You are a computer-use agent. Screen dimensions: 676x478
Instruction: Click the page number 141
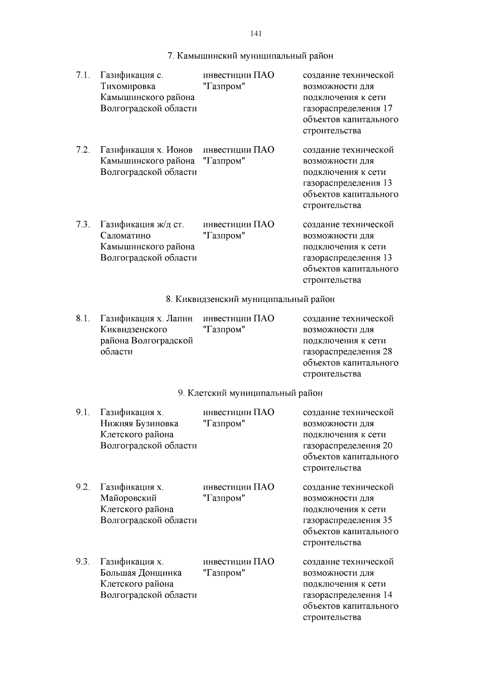(256, 34)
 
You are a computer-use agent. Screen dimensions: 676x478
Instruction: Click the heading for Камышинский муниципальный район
(250, 56)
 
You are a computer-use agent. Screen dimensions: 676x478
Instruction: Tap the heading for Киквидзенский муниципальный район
(250, 299)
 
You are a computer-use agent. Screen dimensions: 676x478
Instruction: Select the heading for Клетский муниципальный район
(250, 393)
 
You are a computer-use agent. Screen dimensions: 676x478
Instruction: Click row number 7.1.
(83, 75)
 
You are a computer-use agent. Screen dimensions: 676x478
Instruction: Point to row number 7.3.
(83, 225)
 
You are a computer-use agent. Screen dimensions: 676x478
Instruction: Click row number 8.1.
(83, 319)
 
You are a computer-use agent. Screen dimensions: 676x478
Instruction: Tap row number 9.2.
(83, 487)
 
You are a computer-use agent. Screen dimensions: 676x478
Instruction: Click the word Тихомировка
(128, 86)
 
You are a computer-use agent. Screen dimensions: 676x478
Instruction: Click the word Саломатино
(125, 236)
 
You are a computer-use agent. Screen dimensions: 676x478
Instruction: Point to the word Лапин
(179, 319)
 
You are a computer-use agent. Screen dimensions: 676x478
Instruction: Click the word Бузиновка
(157, 423)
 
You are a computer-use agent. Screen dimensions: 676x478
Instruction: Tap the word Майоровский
(128, 498)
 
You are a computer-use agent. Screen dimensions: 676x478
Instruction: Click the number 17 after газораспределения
(388, 109)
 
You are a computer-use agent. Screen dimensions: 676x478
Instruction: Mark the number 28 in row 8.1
(387, 352)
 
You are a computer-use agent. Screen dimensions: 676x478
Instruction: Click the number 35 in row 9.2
(387, 520)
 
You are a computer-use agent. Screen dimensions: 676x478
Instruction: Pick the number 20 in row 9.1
(387, 446)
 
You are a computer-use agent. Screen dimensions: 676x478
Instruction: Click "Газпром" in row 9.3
(223, 573)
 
